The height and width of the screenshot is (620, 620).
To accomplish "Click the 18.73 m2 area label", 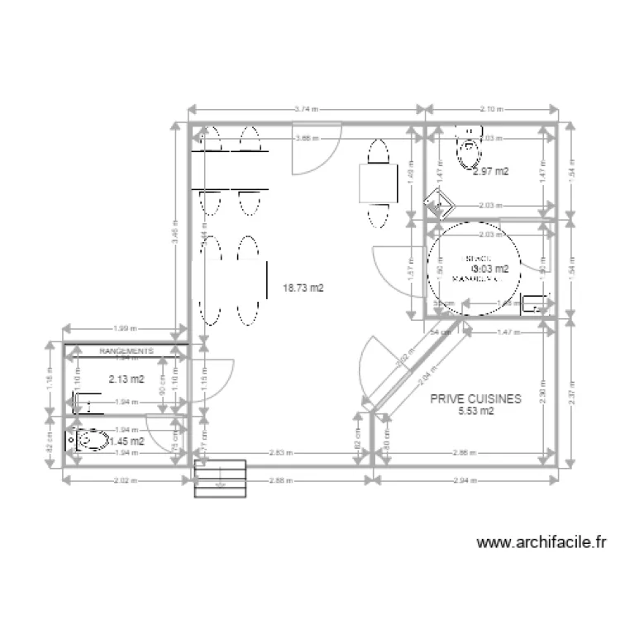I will tap(303, 289).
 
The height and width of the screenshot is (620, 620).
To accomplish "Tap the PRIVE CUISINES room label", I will tap(475, 398).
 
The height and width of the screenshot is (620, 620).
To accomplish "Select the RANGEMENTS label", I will tap(126, 351).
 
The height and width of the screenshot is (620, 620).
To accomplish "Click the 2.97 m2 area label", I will tap(489, 172).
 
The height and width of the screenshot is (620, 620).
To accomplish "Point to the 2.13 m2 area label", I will tap(126, 379).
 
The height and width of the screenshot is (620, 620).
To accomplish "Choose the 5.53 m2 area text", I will tap(475, 411).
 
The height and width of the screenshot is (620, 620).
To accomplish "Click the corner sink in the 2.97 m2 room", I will tap(437, 201).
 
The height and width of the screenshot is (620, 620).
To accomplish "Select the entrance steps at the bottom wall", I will tap(220, 479).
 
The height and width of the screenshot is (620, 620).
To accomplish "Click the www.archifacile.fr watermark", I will tap(542, 542).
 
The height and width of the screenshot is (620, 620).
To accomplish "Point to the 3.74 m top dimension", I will tap(307, 108).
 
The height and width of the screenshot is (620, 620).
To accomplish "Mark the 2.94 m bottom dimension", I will tap(464, 480).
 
